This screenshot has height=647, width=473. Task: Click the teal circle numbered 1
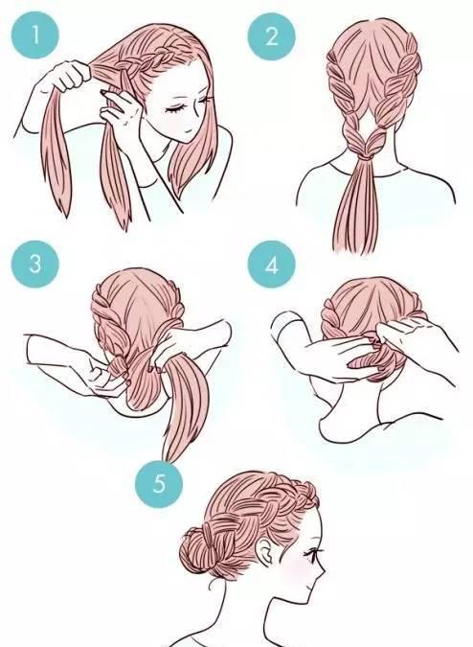[x=35, y=35]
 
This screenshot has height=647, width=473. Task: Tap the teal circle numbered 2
[x=272, y=36]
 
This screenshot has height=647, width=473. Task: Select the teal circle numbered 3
[x=35, y=264]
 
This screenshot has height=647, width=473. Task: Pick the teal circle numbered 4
[x=272, y=265]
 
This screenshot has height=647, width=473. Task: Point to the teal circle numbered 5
[x=159, y=483]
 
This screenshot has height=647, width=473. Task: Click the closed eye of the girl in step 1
[x=174, y=109]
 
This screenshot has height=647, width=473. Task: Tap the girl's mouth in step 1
[x=188, y=130]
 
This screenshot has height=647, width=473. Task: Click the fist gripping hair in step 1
[x=70, y=75]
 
